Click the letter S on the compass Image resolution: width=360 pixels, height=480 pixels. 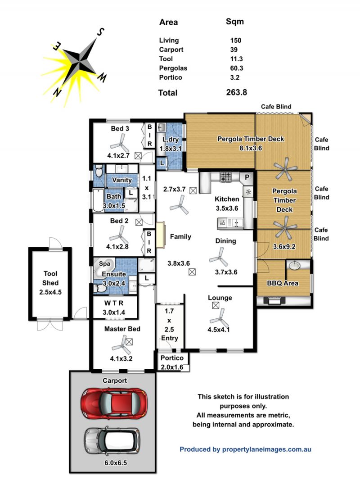(x=101, y=32)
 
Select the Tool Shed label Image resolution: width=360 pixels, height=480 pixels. (x=50, y=278)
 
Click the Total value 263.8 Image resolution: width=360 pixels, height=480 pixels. (x=236, y=92)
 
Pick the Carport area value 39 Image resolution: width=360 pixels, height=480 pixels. (x=234, y=50)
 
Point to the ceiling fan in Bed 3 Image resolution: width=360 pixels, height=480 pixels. (x=118, y=143)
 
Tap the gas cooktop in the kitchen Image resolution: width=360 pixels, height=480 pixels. (x=226, y=177)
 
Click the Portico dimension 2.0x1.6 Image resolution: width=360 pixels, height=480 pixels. (x=172, y=367)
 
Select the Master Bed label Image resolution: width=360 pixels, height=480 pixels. (x=122, y=329)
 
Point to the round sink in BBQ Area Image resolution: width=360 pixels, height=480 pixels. (x=294, y=265)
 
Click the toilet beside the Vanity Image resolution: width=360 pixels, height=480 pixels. (x=99, y=171)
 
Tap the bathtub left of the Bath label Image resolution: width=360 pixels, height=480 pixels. (x=98, y=200)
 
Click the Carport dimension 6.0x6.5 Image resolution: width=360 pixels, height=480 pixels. (x=116, y=463)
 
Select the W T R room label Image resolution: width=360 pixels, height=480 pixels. (x=114, y=303)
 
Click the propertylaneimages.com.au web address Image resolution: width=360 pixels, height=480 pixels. (x=267, y=449)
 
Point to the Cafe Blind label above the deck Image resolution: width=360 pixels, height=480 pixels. (x=276, y=107)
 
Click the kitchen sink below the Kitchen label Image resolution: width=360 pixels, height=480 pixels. (x=230, y=223)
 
